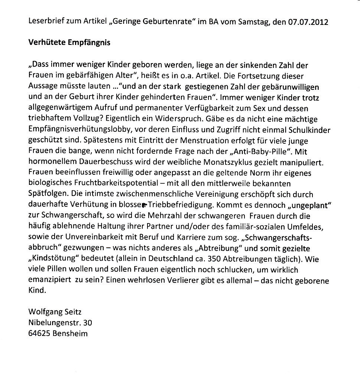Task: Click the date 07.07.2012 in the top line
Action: pos(308,22)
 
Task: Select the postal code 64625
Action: pos(39,333)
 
